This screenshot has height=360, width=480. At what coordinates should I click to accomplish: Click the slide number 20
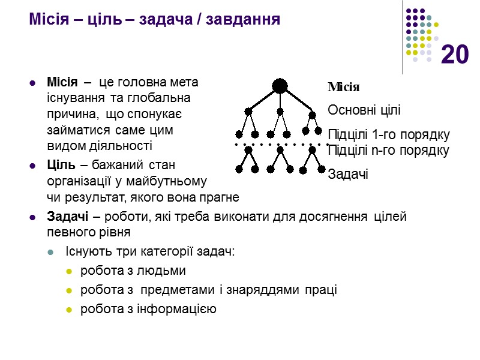(454, 55)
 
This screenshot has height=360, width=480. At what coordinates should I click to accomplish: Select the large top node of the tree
(280, 86)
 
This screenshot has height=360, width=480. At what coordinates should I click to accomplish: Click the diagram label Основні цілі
(364, 110)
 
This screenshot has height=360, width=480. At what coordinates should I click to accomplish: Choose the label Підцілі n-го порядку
(388, 150)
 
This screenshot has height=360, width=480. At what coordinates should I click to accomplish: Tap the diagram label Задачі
(348, 174)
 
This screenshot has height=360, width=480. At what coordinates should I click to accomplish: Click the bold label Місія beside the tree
(344, 88)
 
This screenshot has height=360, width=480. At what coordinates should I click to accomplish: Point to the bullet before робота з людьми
(68, 272)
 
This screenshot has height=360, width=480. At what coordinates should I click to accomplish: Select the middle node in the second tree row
(280, 111)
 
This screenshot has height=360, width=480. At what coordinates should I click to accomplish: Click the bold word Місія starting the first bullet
(61, 82)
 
